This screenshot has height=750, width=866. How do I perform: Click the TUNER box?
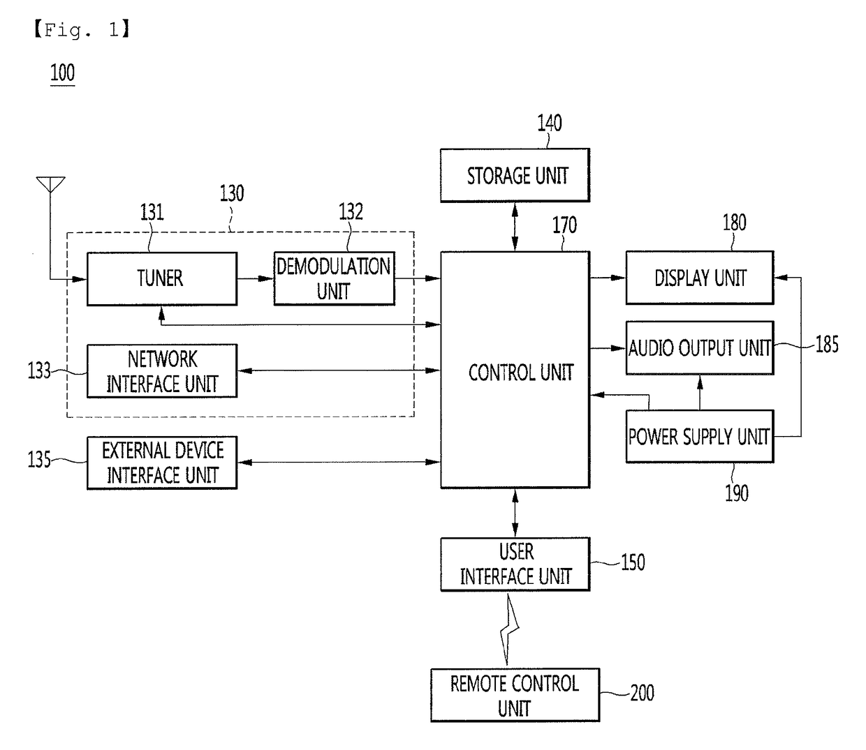162,279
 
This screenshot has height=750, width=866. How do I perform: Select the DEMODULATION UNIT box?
334,279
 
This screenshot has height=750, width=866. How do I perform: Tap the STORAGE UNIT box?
515,175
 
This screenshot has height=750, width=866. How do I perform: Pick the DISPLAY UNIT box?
700,278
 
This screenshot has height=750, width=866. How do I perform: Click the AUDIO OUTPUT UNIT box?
700,348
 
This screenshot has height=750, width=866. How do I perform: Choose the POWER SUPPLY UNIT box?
700,437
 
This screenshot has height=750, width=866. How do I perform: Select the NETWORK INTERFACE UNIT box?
162,371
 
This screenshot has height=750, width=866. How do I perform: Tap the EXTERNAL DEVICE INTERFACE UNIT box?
162,463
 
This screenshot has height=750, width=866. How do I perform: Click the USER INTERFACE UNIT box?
515,564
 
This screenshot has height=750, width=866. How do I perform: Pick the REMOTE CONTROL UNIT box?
515,695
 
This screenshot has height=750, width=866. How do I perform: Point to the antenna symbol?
51,185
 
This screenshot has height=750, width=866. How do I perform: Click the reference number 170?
564,225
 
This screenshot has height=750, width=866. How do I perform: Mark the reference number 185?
827,345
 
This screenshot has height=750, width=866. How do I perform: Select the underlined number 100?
62,73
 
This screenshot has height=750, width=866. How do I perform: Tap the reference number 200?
642,693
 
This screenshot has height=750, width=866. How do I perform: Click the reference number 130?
232,193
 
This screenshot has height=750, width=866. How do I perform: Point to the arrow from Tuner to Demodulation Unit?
255,278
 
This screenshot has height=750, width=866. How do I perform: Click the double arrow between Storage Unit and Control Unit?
515,227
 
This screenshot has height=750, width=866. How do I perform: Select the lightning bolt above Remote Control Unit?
510,630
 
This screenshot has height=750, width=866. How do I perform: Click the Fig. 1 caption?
82,30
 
